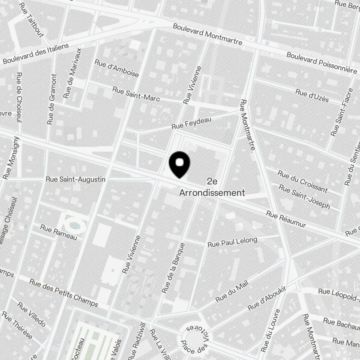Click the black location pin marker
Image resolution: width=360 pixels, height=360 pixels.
[x=179, y=164]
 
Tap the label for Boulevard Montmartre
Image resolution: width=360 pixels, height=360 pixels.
[x=207, y=35]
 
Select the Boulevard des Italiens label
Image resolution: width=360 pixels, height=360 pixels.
[x=35, y=54]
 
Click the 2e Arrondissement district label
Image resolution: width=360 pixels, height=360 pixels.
[x=212, y=187]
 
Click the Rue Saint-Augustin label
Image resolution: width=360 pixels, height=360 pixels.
[x=76, y=179]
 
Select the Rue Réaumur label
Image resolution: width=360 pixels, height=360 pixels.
[x=286, y=219]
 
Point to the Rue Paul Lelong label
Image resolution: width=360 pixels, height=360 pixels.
[x=232, y=242]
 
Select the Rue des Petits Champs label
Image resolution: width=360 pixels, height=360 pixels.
[x=64, y=292]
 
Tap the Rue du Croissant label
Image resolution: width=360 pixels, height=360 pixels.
[x=302, y=181]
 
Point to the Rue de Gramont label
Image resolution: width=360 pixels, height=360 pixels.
[x=52, y=99]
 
